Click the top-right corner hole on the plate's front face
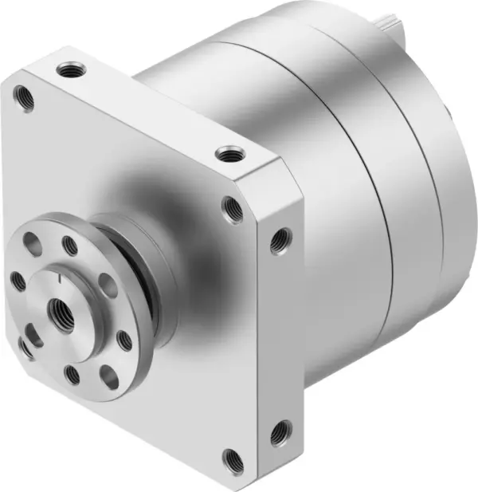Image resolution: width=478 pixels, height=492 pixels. (233, 210)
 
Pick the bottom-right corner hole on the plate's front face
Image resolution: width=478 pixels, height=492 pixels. (232, 460)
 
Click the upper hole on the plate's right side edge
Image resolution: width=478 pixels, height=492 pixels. (280, 240)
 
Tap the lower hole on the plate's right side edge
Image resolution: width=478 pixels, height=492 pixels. (280, 434)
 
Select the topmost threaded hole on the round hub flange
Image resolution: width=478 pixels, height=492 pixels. (70, 245)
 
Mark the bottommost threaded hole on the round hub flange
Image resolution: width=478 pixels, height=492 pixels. (72, 374)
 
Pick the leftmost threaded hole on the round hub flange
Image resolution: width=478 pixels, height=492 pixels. (18, 280)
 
